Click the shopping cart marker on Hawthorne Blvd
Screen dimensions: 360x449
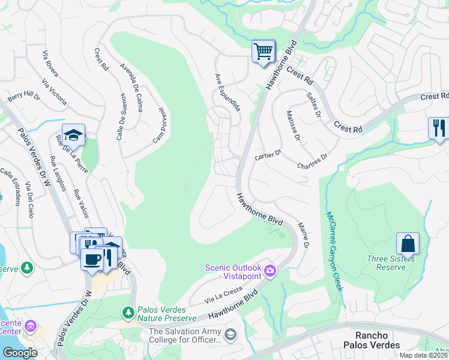point(263,52)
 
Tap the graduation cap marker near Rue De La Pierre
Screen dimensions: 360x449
point(73,136)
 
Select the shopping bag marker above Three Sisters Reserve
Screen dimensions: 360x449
point(408,244)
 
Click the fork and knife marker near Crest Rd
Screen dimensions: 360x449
point(439,128)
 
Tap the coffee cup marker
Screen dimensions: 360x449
point(92,259)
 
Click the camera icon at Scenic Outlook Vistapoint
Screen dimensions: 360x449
point(270,272)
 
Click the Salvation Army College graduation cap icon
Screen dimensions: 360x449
point(230,334)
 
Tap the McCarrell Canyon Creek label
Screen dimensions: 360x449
point(334,251)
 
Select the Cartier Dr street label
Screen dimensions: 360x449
point(268,154)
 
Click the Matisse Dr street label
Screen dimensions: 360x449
point(293,125)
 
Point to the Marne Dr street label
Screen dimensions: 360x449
point(303,236)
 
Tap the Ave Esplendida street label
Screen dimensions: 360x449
point(228,92)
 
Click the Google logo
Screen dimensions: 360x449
point(19,353)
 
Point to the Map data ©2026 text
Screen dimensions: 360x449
point(423,355)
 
